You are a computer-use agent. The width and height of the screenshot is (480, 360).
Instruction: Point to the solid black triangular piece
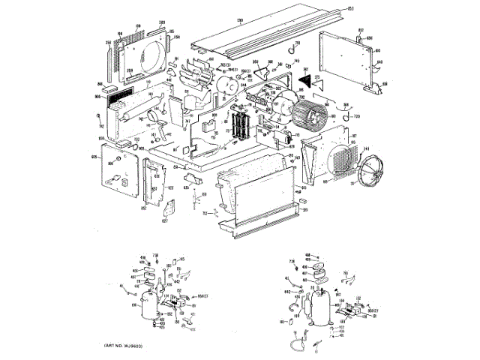[x=304, y=74]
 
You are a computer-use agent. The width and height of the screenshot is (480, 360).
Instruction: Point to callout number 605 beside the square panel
[x=94, y=157]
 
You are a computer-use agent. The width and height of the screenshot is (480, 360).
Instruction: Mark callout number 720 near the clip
[x=356, y=118]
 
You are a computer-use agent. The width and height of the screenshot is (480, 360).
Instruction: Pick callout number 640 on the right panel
[x=379, y=62]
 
